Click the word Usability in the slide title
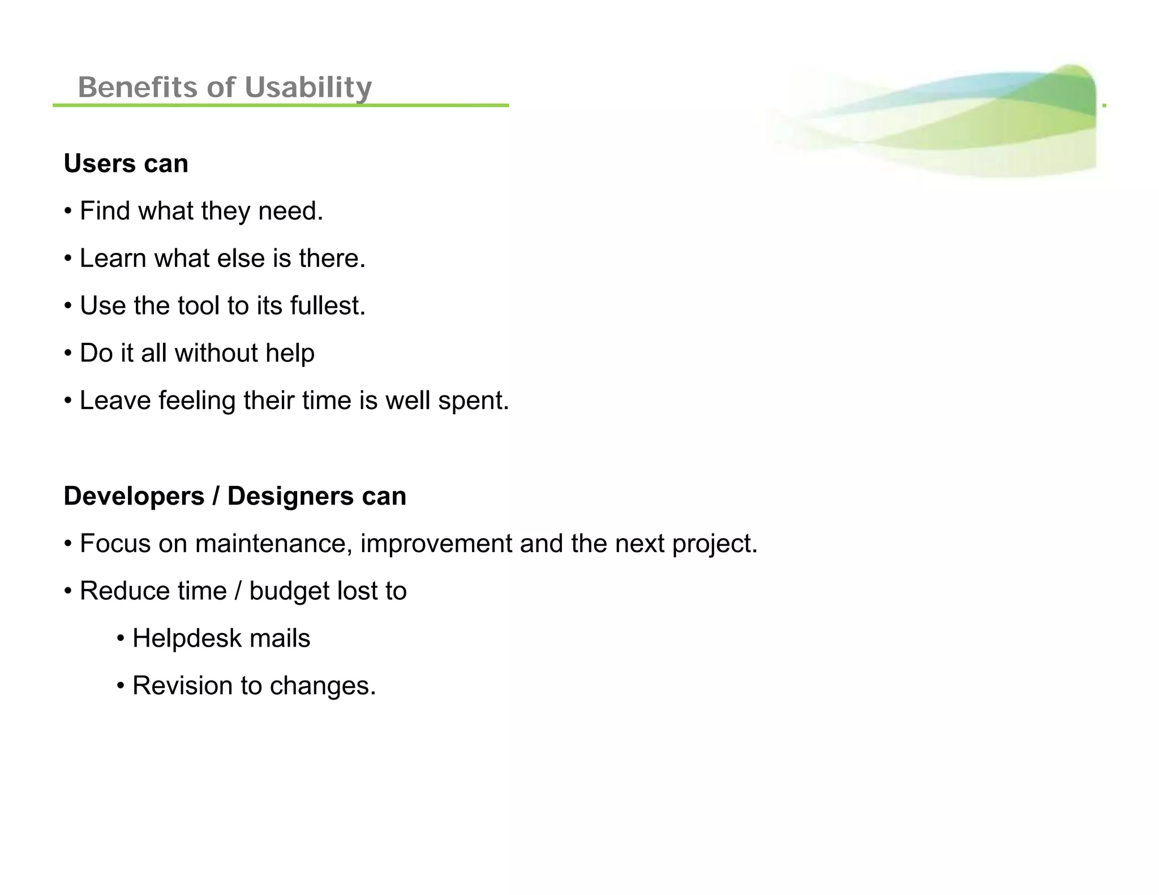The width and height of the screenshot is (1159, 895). [308, 88]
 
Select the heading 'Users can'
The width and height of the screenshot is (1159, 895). [126, 163]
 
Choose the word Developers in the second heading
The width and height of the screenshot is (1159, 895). [134, 497]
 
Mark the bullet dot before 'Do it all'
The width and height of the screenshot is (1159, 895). [68, 354]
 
